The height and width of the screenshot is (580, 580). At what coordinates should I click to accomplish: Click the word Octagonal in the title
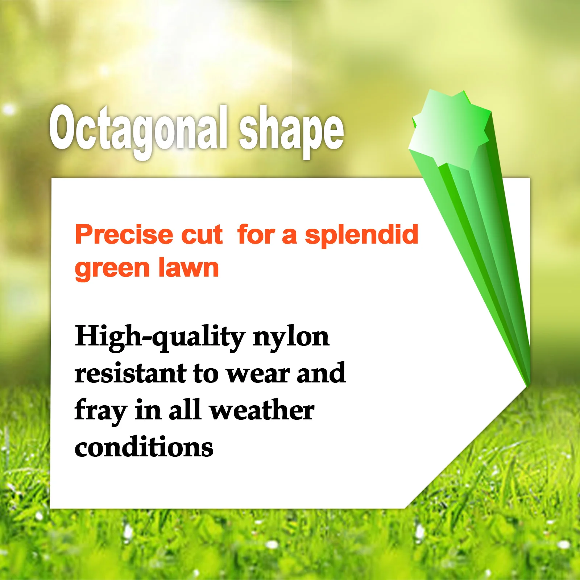click(x=138, y=129)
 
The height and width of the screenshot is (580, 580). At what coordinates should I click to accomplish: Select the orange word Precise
click(x=123, y=235)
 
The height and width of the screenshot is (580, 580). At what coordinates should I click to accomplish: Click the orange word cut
click(x=202, y=235)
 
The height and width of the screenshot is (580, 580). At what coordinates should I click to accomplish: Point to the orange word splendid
click(x=361, y=235)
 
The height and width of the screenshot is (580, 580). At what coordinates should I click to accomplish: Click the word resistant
click(x=130, y=373)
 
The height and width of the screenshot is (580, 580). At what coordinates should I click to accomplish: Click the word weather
click(x=262, y=410)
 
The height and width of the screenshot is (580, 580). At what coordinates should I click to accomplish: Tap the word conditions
click(x=144, y=447)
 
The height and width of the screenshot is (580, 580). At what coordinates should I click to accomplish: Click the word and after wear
click(x=321, y=373)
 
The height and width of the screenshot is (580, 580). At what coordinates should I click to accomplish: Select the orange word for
click(x=256, y=235)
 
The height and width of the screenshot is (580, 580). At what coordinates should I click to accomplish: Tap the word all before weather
click(x=185, y=410)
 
